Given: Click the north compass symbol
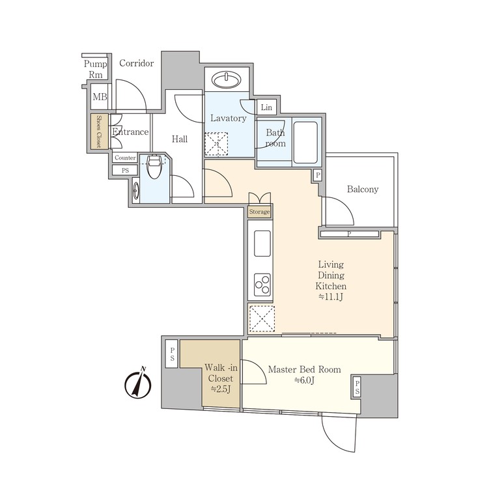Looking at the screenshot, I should [x=138, y=384].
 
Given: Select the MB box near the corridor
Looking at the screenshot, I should [x=99, y=98].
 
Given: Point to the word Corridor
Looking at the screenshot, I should [x=137, y=63].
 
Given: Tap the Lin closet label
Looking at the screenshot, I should [x=267, y=107].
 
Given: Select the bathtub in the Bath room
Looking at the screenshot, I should [x=304, y=141].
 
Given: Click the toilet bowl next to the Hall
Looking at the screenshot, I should [x=154, y=168].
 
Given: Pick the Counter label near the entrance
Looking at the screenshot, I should [x=124, y=158].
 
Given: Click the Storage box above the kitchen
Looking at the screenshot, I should [x=259, y=212].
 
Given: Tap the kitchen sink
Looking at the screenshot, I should [x=262, y=244].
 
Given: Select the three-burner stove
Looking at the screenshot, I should [x=262, y=284].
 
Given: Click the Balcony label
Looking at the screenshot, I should [x=362, y=190].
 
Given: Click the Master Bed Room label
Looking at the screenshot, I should [x=304, y=369].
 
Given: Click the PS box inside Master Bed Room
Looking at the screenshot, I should [x=357, y=389].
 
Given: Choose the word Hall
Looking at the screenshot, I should [x=180, y=139].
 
